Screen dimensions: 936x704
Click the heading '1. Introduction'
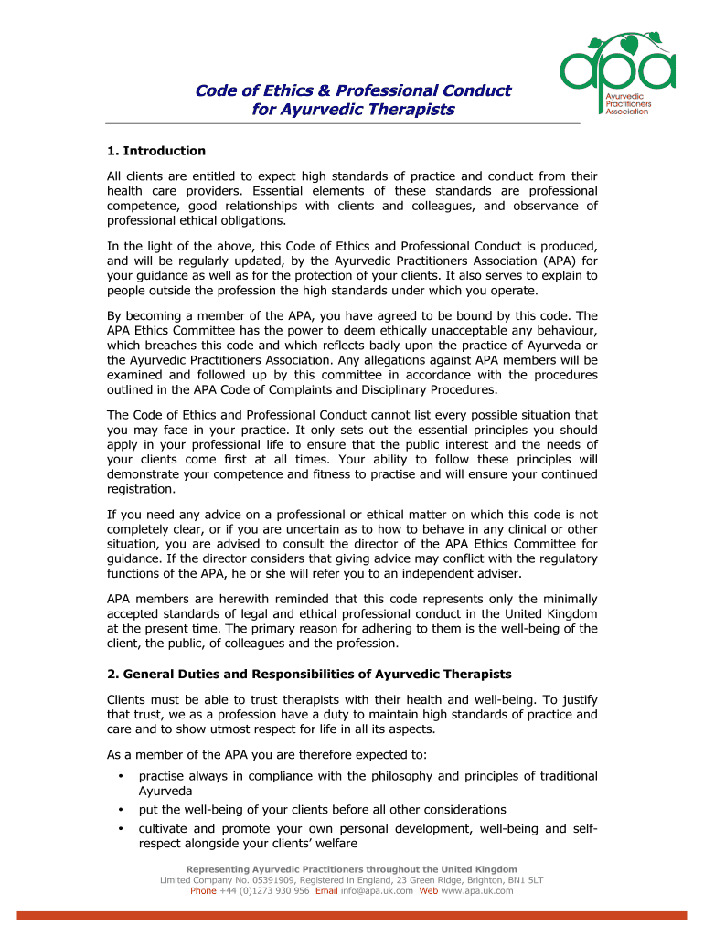pos(156,151)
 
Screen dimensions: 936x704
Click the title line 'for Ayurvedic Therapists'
pos(353,110)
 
